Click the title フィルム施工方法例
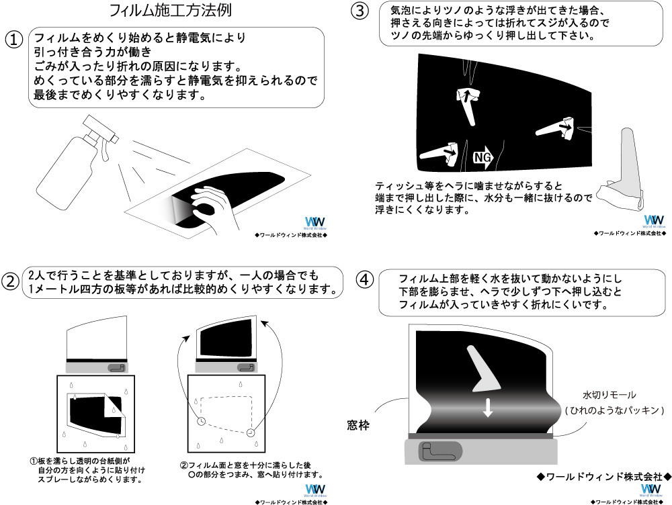[x=172, y=11]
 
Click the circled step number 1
[x=15, y=40]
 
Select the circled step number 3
[x=361, y=12]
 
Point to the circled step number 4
[x=363, y=279]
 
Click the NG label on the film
[x=482, y=156]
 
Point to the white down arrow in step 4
[x=488, y=406]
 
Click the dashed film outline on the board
[x=226, y=412]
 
